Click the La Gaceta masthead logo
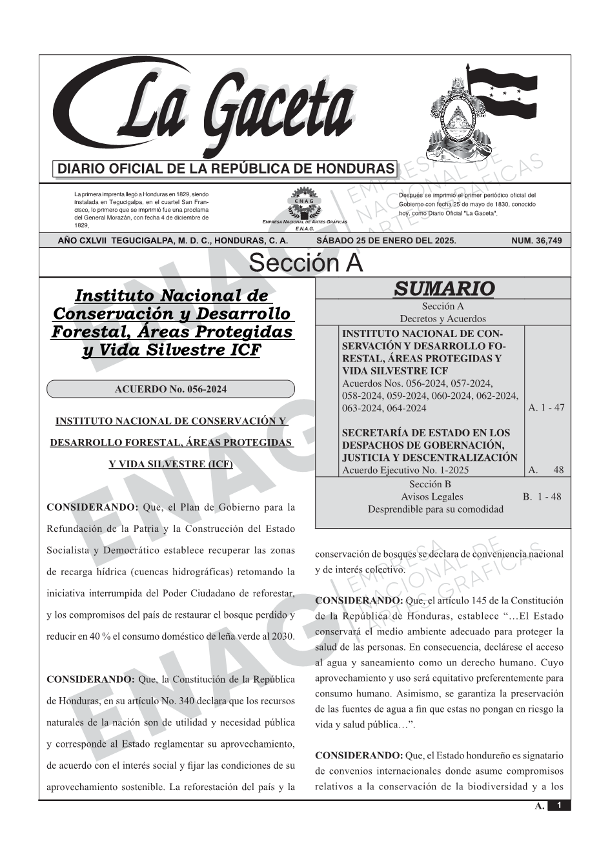pos(207,110)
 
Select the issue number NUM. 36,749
pos(536,241)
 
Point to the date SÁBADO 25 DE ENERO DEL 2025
pos(386,241)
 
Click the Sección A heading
pos(305,263)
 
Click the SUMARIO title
pos(443,289)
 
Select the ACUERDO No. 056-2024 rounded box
pos(170,389)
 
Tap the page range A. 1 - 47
pos(546,408)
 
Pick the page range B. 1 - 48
pos(542,497)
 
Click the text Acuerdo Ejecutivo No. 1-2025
pos(405,470)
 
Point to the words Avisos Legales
pos(432,497)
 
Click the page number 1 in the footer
pos(559,806)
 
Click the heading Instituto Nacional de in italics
pos(171,296)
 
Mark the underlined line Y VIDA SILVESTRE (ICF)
pos(170,464)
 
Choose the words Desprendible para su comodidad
pos(435,509)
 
